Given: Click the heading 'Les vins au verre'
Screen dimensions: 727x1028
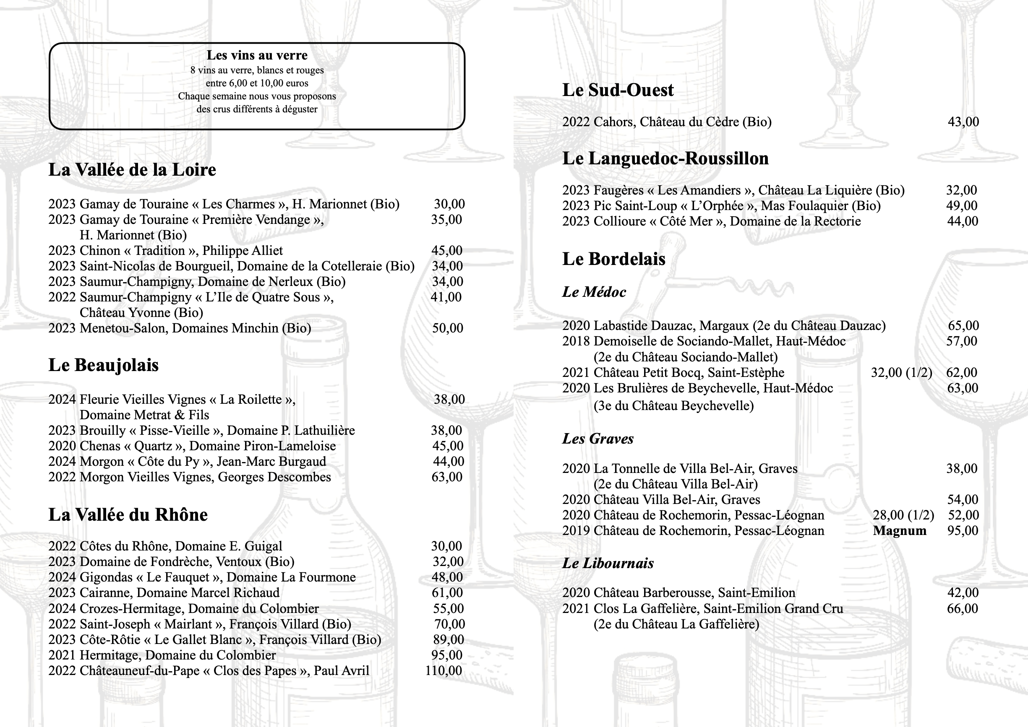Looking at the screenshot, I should click(257, 55).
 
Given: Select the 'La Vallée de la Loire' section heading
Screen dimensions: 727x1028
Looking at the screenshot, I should click(132, 170).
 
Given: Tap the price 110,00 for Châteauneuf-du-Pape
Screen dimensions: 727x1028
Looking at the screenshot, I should click(444, 670).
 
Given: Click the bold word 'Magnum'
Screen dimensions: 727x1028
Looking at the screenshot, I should click(900, 530).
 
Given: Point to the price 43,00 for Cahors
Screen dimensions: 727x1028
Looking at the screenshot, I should click(963, 122).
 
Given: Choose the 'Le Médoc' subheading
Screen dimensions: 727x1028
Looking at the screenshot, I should click(594, 292).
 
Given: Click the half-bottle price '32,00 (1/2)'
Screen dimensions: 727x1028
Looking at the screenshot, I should click(901, 372).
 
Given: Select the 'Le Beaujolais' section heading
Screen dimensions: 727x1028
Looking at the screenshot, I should click(104, 365).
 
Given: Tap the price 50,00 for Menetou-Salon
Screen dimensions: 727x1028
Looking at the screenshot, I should click(447, 328).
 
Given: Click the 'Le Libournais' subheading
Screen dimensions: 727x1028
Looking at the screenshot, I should click(608, 563).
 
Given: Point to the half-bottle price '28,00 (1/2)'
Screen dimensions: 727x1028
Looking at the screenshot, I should click(903, 515).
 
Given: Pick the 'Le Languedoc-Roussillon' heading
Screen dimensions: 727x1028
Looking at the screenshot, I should click(665, 158).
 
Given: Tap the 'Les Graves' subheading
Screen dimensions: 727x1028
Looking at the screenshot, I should click(598, 439).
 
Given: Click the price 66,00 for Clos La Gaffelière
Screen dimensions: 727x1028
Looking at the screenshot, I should click(962, 608).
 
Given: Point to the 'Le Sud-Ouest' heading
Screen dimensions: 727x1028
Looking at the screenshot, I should click(618, 90).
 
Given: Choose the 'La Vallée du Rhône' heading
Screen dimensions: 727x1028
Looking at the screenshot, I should click(128, 515).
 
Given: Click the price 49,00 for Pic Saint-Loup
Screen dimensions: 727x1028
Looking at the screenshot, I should click(962, 205).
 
